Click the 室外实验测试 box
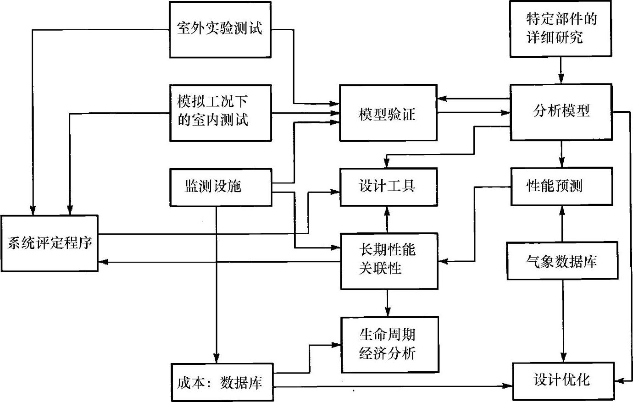(x=220, y=29)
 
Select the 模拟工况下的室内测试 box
(x=220, y=113)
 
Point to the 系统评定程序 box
(x=49, y=243)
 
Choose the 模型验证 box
(x=388, y=113)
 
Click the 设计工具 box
(x=388, y=187)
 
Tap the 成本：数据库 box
(x=222, y=382)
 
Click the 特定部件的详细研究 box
(x=560, y=29)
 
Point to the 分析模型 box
(x=561, y=112)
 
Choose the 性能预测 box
(x=561, y=187)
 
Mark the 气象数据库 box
(x=562, y=261)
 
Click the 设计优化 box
(x=562, y=380)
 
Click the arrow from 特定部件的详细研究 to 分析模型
(x=561, y=71)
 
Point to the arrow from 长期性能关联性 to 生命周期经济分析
(x=388, y=303)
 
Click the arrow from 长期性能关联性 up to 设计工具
(x=388, y=219)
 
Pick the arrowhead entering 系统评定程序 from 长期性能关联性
(x=103, y=262)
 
